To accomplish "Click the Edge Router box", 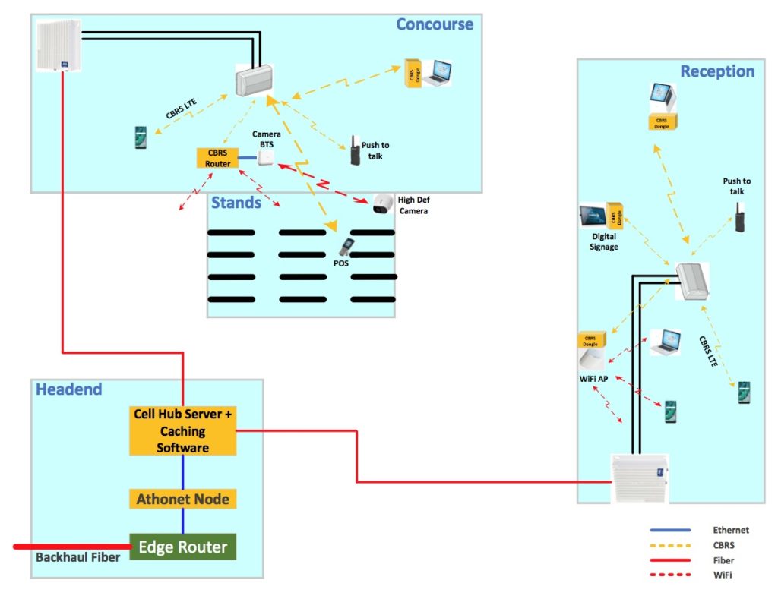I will (182, 547).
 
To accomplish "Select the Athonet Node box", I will (182, 499).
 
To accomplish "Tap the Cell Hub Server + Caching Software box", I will (182, 431).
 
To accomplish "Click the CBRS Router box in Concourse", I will (217, 157).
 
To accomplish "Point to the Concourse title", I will (435, 24).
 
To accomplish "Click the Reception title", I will (717, 71).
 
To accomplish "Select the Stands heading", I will (236, 203).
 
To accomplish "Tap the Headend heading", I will (69, 389).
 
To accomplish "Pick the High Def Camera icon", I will (382, 203).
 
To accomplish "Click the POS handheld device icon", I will (346, 247).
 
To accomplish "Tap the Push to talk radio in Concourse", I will (354, 150).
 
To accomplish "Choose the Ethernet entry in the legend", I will (730, 530).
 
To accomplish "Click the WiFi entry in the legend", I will (723, 575).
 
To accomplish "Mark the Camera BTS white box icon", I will (266, 157).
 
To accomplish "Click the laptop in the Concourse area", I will (439, 72).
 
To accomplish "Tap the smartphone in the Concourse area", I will (141, 137).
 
